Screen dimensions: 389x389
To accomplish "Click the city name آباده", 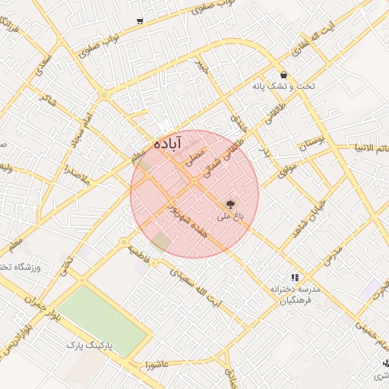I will pyautogui.click(x=168, y=143).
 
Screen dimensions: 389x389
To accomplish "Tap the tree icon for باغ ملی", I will pyautogui.click(x=229, y=204).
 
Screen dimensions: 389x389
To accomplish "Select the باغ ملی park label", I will pyautogui.click(x=229, y=217).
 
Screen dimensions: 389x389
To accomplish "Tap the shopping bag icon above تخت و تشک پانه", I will pyautogui.click(x=283, y=75).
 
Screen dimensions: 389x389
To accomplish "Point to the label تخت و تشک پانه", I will pyautogui.click(x=283, y=87).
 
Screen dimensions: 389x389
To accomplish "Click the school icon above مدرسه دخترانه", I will pyautogui.click(x=295, y=277).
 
